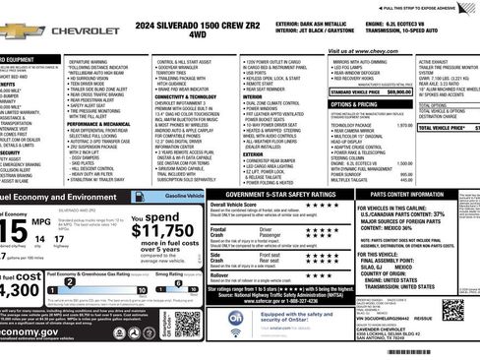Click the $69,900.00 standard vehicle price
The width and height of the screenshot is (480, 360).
pos(394,91)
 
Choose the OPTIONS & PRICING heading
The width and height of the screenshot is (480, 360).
pos(354,103)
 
